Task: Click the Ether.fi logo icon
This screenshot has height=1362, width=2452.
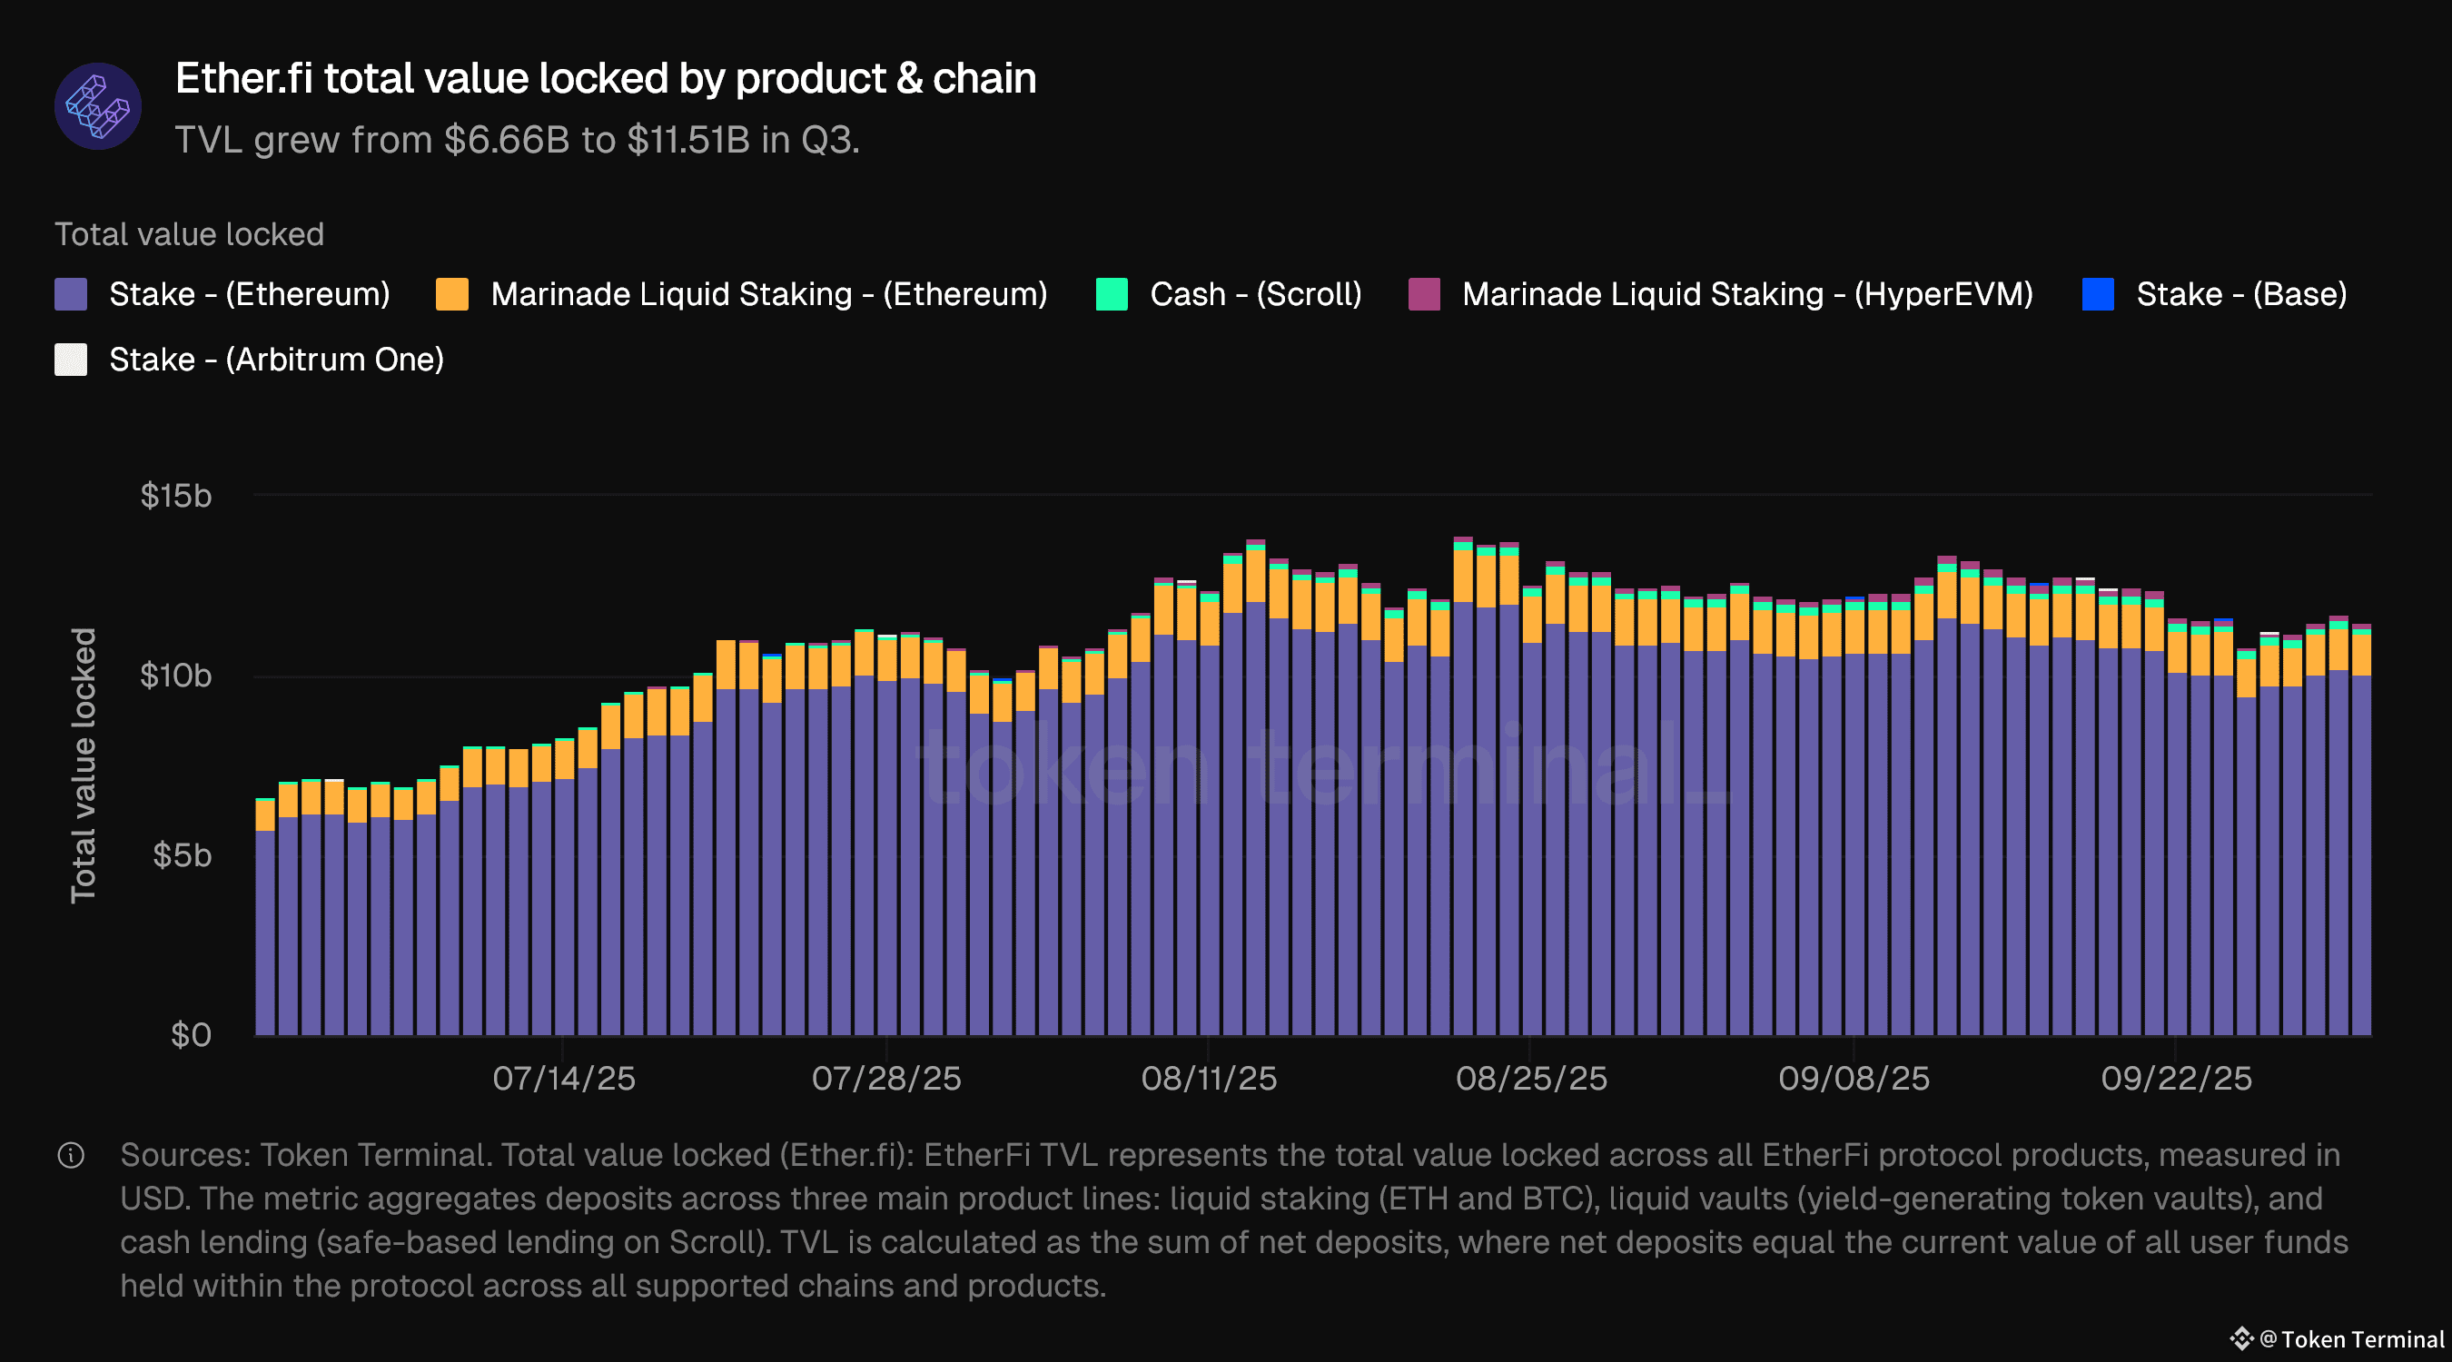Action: [98, 105]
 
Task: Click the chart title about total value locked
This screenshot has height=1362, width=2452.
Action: [606, 78]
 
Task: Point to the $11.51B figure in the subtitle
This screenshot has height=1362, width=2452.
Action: [687, 140]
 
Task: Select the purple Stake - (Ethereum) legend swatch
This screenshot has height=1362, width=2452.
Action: [72, 294]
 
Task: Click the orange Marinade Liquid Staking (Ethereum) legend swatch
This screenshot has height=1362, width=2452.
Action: [452, 294]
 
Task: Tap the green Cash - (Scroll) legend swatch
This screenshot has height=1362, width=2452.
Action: [1112, 294]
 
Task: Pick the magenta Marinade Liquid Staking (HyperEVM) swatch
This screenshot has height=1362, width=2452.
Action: [1424, 294]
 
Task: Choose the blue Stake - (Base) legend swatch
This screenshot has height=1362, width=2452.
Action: [2098, 294]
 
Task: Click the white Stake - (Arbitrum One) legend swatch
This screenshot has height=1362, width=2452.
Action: [72, 360]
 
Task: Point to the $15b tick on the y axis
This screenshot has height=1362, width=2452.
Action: [176, 496]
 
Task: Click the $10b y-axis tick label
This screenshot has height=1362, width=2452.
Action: [176, 676]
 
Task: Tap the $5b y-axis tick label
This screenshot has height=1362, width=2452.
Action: [182, 855]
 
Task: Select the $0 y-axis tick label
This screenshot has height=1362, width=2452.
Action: [191, 1034]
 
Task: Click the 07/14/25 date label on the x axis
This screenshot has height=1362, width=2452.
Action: [563, 1079]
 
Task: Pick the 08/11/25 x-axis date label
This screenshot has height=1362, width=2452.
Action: [1209, 1079]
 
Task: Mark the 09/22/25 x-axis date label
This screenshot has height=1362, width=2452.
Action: [2176, 1079]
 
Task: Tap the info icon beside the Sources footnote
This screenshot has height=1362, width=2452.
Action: [72, 1156]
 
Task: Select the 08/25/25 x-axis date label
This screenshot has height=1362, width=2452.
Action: [1530, 1079]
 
